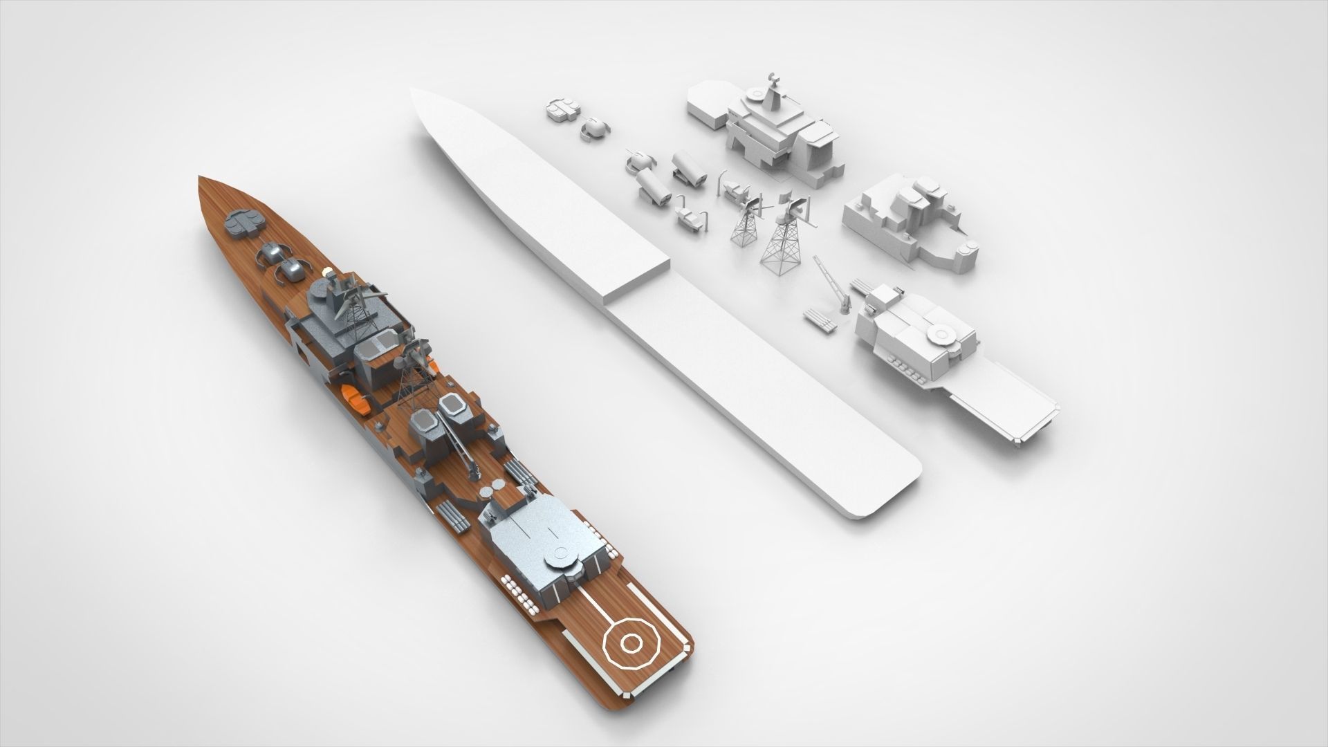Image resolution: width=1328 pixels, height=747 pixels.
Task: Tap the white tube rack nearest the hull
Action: (x=819, y=322)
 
